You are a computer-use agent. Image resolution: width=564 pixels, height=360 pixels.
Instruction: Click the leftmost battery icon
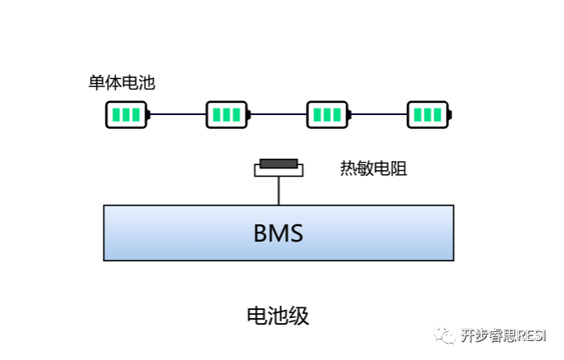click(x=127, y=114)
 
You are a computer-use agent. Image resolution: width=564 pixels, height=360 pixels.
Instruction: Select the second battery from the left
click(x=227, y=114)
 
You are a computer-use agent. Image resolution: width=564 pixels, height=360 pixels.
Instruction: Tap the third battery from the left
click(x=327, y=114)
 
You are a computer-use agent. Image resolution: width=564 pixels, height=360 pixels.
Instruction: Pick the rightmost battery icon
click(x=428, y=114)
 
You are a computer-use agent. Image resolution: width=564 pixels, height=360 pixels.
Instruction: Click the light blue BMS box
click(x=278, y=233)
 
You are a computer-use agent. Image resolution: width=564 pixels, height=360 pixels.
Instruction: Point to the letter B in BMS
click(x=260, y=233)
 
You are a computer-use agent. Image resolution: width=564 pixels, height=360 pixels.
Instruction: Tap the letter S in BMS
click(x=296, y=233)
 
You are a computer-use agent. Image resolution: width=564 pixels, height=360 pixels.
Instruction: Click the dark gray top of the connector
click(x=279, y=164)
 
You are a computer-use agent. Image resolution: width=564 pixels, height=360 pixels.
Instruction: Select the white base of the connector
click(x=279, y=171)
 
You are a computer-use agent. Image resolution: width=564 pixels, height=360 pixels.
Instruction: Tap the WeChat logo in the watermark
click(x=445, y=334)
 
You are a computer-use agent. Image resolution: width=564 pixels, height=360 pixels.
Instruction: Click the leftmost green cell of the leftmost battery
click(x=117, y=114)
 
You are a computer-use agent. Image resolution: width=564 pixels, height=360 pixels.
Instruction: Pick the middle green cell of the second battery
click(x=226, y=114)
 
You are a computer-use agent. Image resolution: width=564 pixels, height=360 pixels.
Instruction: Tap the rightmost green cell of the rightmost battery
click(x=437, y=114)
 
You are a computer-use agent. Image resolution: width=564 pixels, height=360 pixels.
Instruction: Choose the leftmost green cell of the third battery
click(x=317, y=114)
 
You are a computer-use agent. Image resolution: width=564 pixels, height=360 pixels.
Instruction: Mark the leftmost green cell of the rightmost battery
click(x=417, y=114)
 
